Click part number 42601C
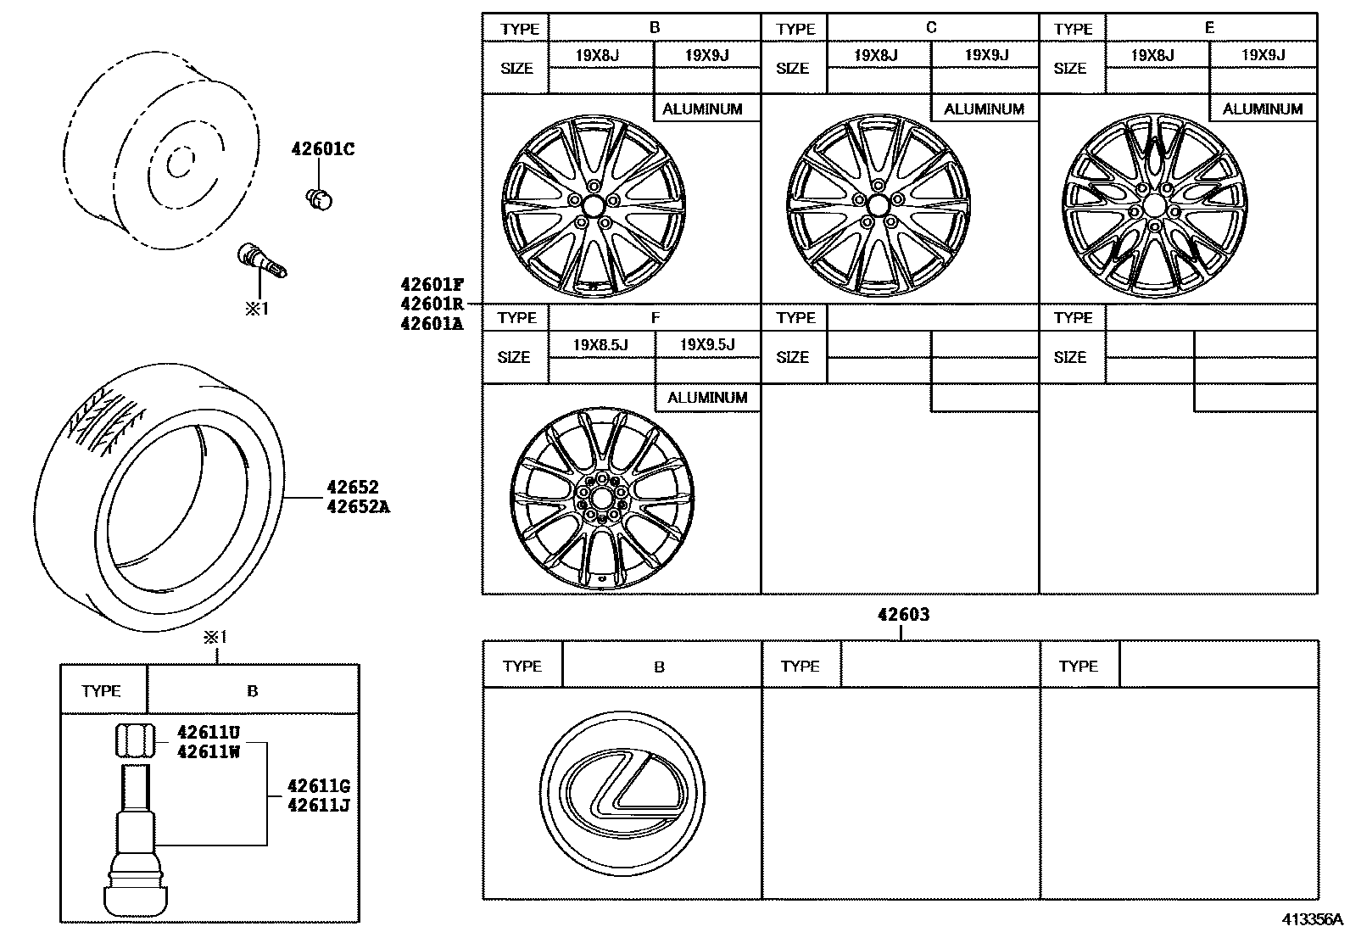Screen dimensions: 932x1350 point(322,150)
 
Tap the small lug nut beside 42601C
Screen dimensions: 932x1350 point(319,199)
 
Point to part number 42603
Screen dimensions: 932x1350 point(903,614)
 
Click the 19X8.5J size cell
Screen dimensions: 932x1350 point(600,345)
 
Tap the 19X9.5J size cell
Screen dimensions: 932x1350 point(707,345)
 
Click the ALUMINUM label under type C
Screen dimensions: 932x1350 point(984,109)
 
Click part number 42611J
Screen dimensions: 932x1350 point(318,805)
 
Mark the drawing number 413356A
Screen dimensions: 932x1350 point(1312,919)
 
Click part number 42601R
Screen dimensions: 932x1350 point(432,304)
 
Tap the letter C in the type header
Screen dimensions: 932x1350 point(931,28)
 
